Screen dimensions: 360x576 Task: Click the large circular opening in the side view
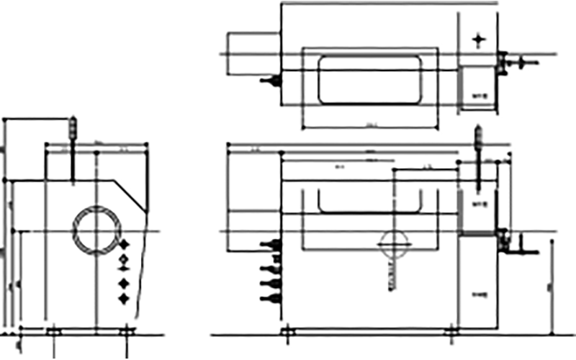click(x=96, y=230)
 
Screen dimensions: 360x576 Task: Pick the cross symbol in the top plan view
click(x=479, y=40)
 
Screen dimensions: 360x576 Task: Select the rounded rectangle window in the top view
click(x=369, y=79)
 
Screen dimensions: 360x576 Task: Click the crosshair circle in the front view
click(x=395, y=244)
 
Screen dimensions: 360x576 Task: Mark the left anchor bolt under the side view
click(x=52, y=332)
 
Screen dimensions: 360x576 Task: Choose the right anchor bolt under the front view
click(x=454, y=332)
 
